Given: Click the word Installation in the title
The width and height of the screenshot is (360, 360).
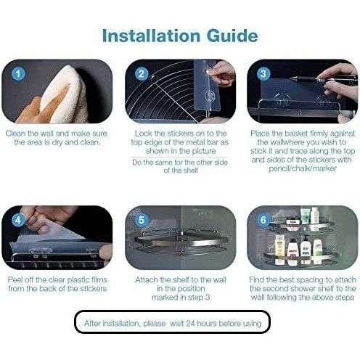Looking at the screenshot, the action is [151, 36].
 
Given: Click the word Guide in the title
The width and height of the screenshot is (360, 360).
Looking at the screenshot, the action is [232, 36].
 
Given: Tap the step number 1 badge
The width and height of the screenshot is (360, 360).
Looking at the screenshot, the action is [18, 73].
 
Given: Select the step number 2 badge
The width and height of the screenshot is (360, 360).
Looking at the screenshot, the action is [142, 73].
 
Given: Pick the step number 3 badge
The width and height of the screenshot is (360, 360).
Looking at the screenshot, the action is [263, 73].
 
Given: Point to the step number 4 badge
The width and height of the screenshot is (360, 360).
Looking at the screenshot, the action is [18, 220].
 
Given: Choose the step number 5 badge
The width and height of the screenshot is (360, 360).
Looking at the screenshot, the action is [142, 220].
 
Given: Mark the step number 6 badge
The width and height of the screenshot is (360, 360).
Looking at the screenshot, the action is [263, 220].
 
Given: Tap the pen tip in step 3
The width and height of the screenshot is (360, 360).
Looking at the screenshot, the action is [291, 78].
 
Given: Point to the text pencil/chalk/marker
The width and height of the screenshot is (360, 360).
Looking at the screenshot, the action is [303, 168].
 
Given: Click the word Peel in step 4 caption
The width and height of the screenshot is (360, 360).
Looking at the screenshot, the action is [16, 280].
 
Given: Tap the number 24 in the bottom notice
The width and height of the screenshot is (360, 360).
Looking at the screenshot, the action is [190, 324].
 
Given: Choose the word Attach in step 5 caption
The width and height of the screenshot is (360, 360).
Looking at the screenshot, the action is [147, 280].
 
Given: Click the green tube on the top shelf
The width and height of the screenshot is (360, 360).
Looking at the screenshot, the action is [305, 216].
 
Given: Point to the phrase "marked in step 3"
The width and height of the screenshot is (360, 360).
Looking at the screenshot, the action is [181, 298].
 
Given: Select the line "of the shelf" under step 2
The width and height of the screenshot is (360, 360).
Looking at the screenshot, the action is [181, 171].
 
